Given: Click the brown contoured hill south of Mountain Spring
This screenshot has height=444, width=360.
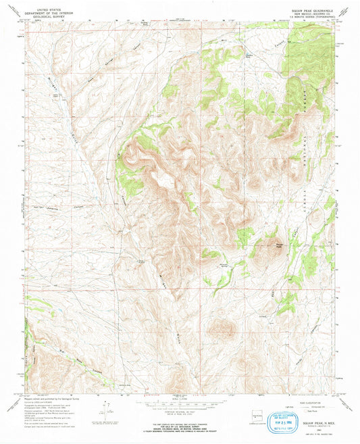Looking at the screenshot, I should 221,329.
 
